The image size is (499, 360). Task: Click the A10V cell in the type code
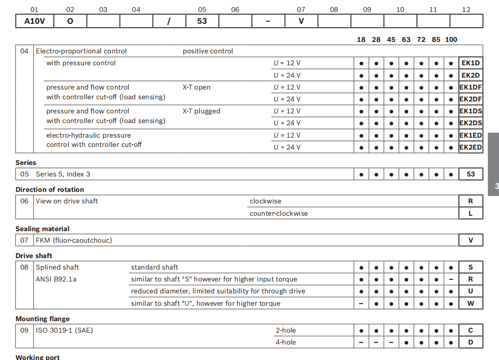point(34,21)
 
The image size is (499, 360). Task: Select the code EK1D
point(470,63)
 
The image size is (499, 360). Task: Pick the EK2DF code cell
point(470,99)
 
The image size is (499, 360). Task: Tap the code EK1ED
point(470,135)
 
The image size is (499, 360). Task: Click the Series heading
point(26,163)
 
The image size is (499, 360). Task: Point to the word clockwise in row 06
point(265,201)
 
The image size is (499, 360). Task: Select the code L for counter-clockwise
point(470,214)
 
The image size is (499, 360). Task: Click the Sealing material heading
point(42,229)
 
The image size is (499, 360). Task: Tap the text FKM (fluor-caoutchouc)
point(74,240)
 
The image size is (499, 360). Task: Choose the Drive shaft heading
point(34,256)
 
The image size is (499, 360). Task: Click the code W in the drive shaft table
point(470,304)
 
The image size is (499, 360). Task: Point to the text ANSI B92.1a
point(56,279)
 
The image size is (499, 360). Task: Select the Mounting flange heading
point(43,319)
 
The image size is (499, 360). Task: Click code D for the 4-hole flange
point(470,342)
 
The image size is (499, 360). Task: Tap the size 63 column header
point(406,40)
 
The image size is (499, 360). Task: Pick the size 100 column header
point(451,40)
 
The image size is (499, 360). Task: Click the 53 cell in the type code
point(202,21)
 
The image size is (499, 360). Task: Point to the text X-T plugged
point(201,111)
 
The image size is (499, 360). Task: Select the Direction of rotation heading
point(50,190)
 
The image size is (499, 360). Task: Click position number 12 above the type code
point(466,10)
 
